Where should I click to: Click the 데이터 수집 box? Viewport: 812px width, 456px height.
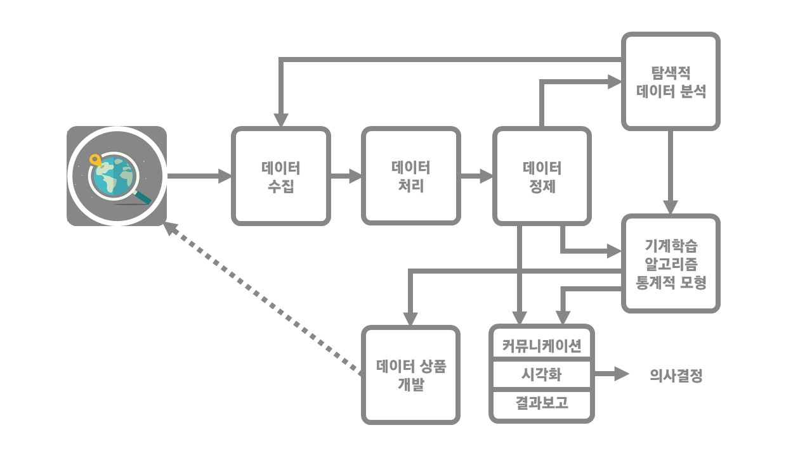[x=280, y=176]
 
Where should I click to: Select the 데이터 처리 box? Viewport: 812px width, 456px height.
[x=410, y=176]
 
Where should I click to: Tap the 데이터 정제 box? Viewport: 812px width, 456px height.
[x=542, y=176]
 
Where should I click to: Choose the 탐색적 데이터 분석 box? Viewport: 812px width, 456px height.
[x=671, y=82]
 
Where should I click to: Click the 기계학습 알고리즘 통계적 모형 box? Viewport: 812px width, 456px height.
[x=671, y=263]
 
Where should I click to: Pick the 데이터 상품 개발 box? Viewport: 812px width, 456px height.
[x=410, y=375]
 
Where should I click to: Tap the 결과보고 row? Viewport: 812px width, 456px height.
[x=541, y=403]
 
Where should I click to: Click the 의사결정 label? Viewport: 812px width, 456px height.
[x=676, y=376]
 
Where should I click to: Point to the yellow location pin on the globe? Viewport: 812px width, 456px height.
[x=96, y=160]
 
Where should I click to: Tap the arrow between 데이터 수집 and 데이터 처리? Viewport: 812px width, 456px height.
[x=346, y=176]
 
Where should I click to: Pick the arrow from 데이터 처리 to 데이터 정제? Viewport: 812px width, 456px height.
[x=476, y=176]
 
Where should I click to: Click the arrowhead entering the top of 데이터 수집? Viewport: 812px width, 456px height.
[x=281, y=120]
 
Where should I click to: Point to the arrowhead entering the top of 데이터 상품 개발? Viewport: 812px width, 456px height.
[x=410, y=318]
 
